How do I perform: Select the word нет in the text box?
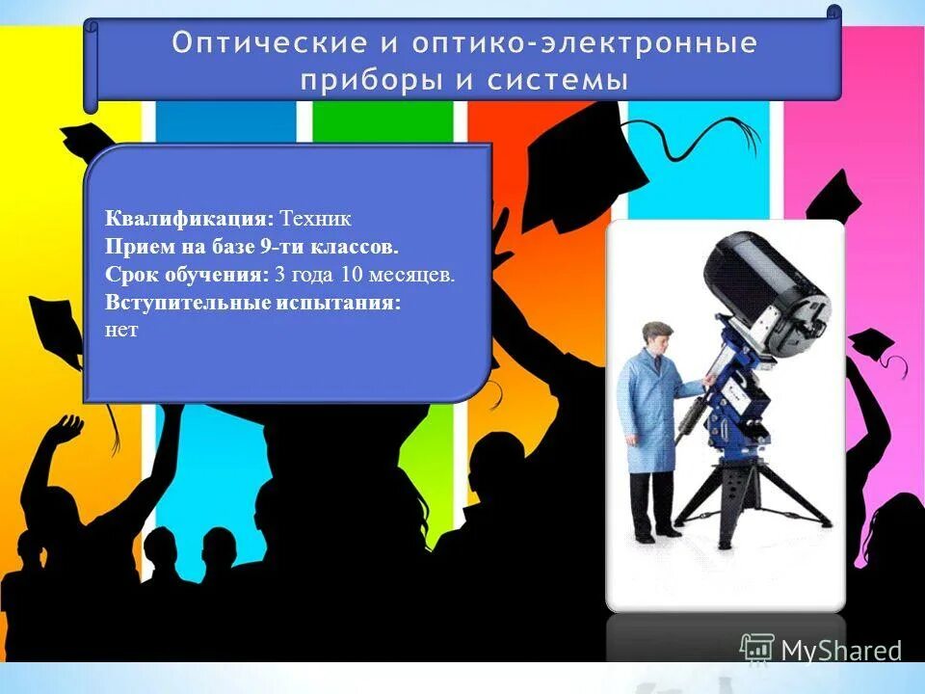coord(122,330)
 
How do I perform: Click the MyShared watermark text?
coord(840,651)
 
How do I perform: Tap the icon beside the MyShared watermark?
coord(757,649)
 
